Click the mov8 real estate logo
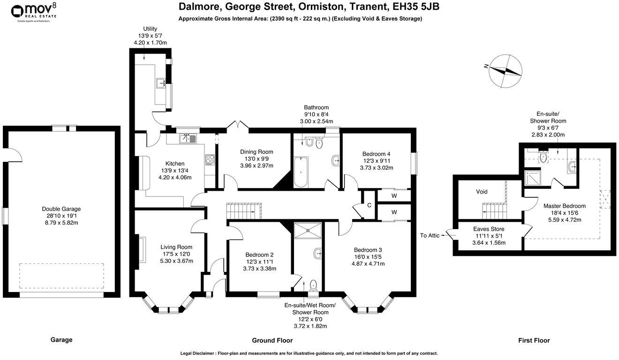click(x=34, y=13)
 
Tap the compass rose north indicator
click(x=506, y=71)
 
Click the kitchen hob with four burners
click(x=210, y=160)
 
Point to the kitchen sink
click(x=188, y=138)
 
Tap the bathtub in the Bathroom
click(x=301, y=172)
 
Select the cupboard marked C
click(x=369, y=205)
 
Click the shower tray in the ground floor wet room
click(x=308, y=230)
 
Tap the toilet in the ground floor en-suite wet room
click(x=313, y=285)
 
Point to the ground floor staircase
click(x=244, y=211)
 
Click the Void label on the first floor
click(x=482, y=191)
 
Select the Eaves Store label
click(x=489, y=229)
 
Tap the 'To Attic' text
click(x=430, y=235)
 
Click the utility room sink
click(x=161, y=83)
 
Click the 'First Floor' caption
click(x=534, y=340)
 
